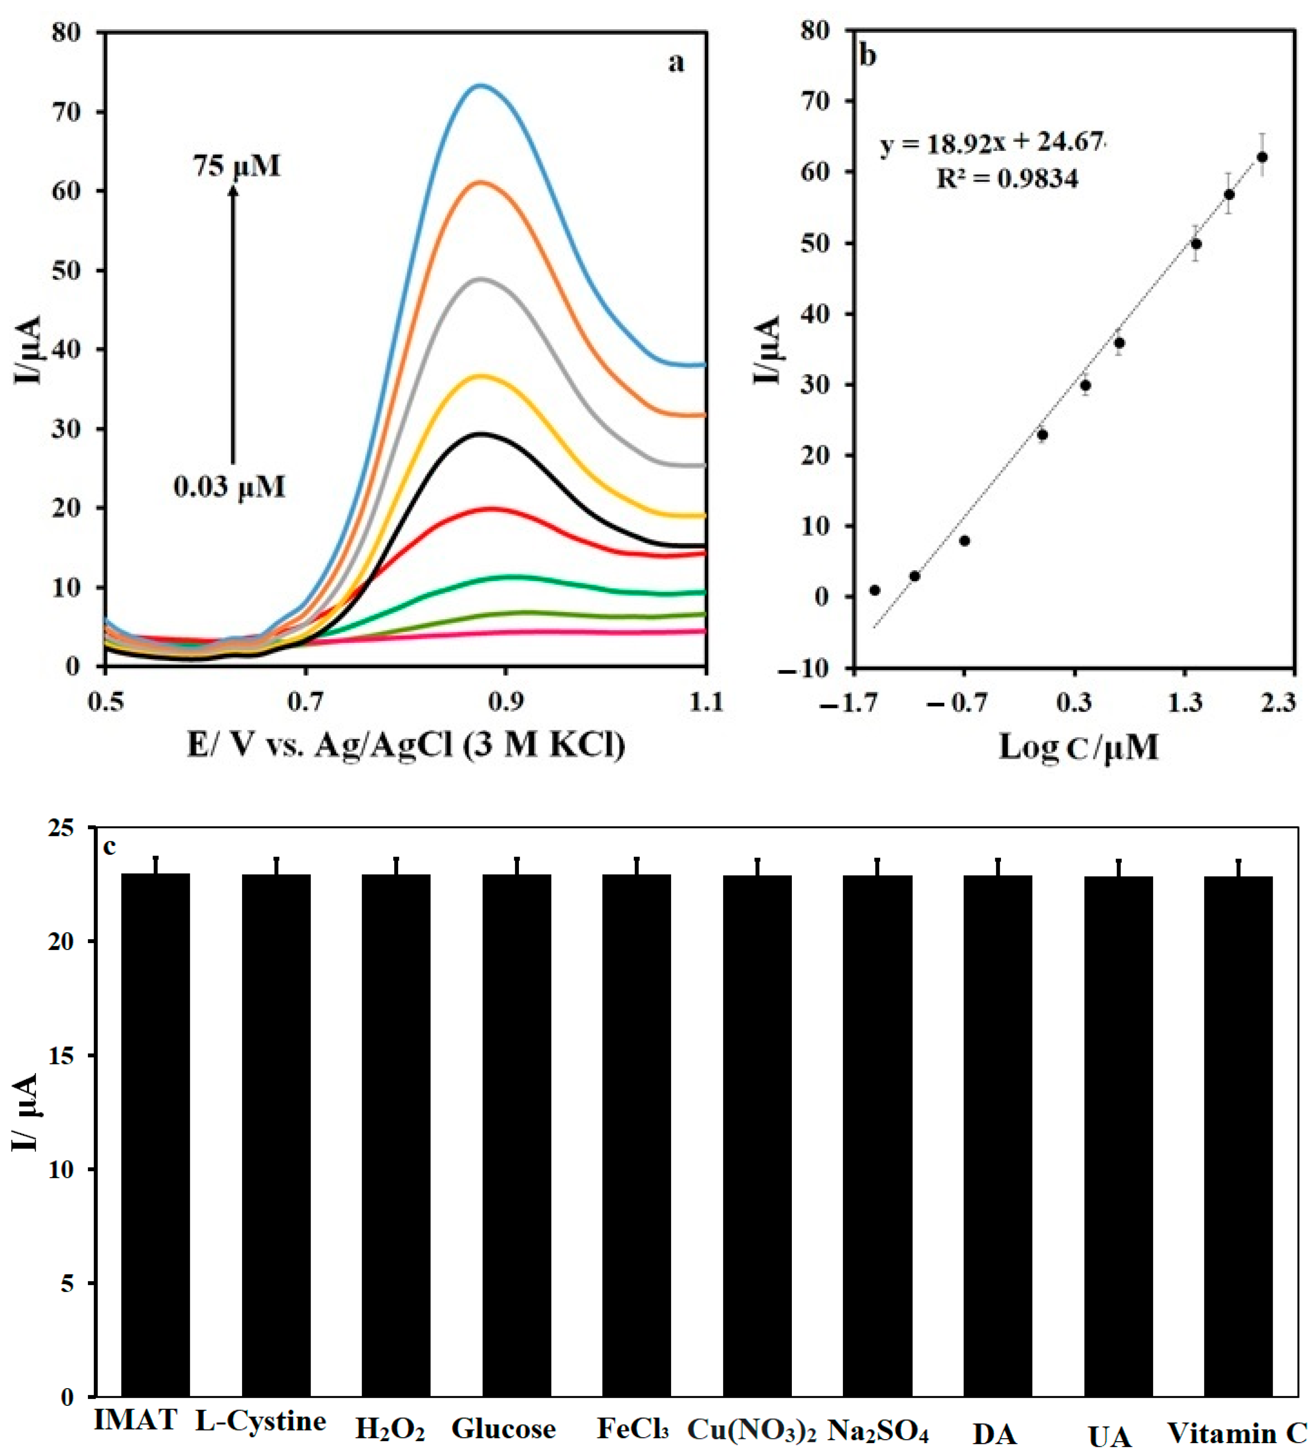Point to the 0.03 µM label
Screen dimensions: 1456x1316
229,487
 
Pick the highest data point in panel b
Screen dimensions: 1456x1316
1262,157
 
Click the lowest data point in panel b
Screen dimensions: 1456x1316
875,590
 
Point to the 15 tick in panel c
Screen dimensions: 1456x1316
63,1056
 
